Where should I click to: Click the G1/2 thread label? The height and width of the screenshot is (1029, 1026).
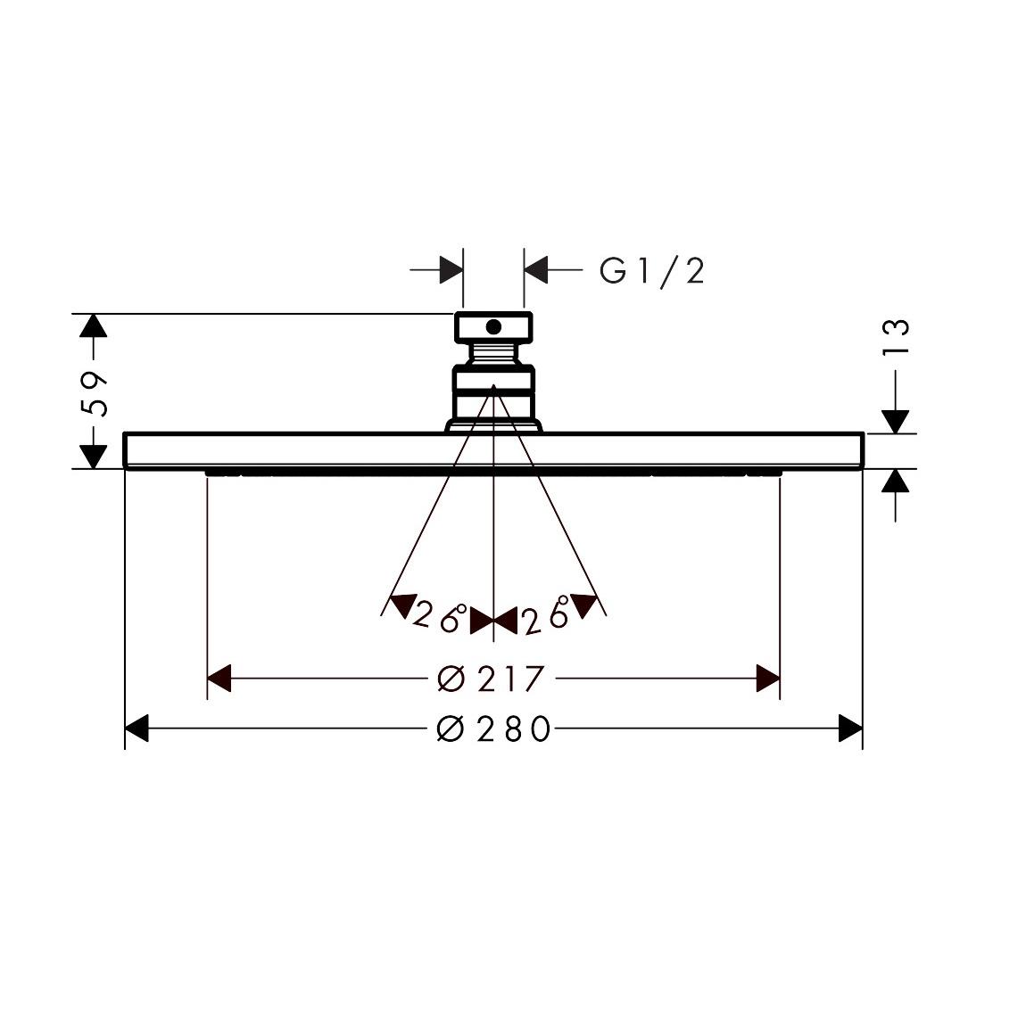click(652, 271)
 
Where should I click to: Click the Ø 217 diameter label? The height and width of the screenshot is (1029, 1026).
click(491, 679)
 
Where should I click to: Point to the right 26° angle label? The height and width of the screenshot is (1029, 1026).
click(546, 616)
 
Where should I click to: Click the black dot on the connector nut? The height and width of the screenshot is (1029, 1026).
click(493, 327)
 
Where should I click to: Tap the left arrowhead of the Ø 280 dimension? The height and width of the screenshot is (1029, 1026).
click(136, 729)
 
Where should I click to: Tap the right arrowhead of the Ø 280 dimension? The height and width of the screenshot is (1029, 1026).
click(850, 729)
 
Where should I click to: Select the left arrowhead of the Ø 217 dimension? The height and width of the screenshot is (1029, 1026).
click(219, 678)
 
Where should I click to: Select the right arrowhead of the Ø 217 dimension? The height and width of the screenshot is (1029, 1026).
click(767, 678)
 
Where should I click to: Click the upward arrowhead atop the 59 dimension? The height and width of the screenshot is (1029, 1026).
click(93, 325)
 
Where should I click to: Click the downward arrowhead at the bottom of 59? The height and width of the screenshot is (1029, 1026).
click(93, 457)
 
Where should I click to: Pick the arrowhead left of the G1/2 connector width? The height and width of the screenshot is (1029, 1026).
click(451, 268)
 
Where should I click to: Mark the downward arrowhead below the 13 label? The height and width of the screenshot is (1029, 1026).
click(895, 422)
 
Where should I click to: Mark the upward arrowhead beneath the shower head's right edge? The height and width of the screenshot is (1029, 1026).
click(895, 482)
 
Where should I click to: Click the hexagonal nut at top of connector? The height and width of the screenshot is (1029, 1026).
click(493, 327)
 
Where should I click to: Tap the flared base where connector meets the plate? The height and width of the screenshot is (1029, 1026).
click(493, 426)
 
